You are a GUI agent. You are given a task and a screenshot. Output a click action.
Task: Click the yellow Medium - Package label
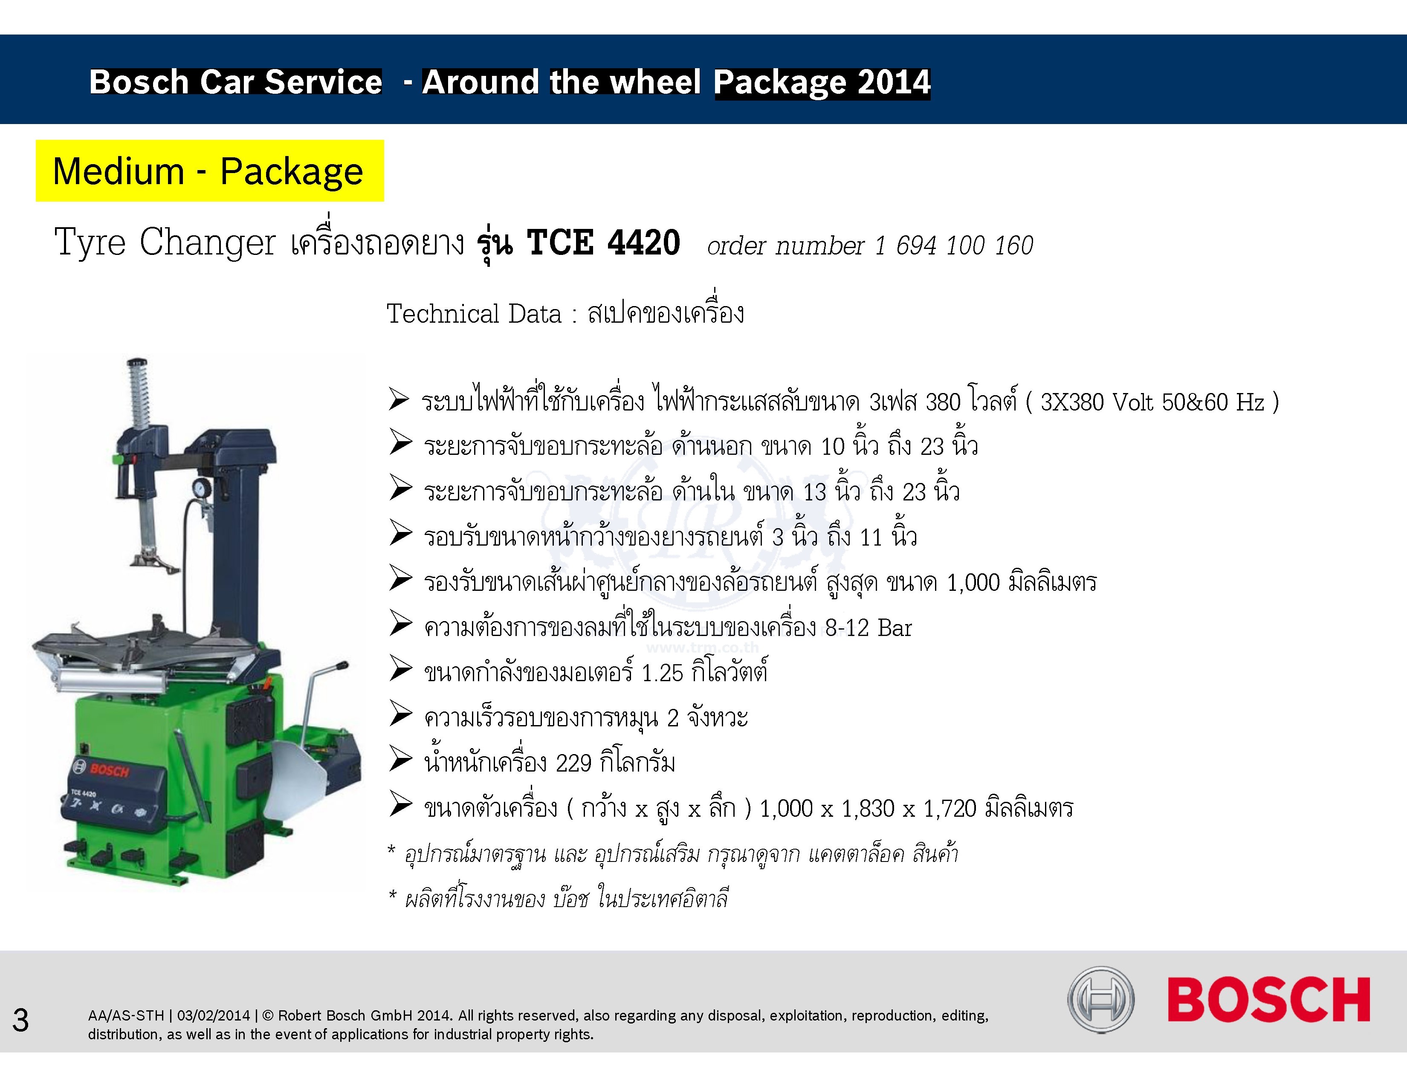point(209,171)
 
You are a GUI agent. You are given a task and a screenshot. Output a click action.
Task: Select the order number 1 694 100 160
point(953,246)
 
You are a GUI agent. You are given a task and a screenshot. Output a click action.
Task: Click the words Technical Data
point(474,314)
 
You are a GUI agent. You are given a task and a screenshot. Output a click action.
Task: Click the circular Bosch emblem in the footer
point(1101,1000)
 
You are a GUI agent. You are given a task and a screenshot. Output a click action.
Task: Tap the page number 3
point(20,1020)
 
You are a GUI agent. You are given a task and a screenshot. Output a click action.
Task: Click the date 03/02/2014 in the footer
point(213,1015)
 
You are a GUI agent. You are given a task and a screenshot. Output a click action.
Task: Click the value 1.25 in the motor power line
point(662,673)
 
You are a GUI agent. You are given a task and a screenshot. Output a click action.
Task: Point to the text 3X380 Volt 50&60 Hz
point(1152,402)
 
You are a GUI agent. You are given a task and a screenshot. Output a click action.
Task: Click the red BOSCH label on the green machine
point(110,770)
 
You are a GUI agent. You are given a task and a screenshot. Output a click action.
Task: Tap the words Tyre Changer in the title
point(165,243)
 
